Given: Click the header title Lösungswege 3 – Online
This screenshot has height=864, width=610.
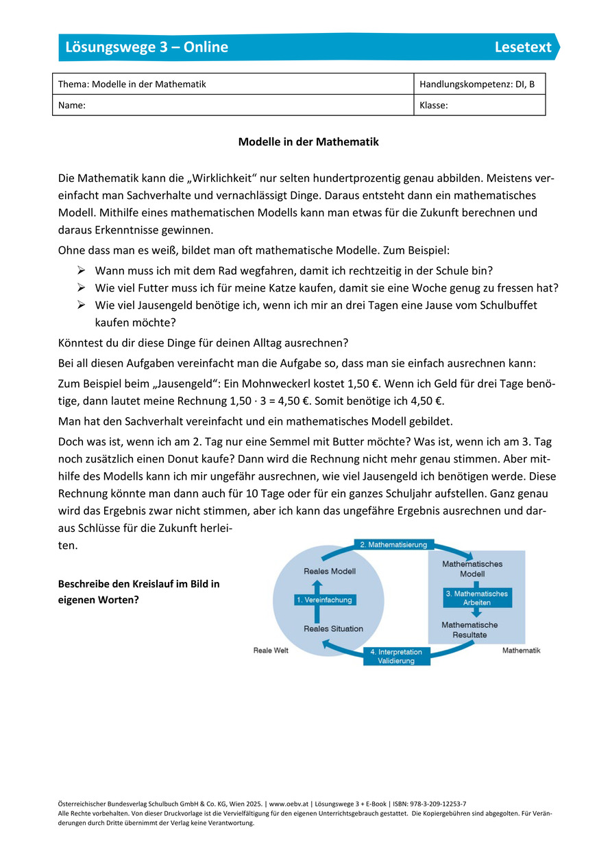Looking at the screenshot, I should pos(147,47).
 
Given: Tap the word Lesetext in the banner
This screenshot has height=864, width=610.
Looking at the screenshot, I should pos(523,47).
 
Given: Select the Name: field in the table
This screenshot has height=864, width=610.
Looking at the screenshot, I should pos(233,106).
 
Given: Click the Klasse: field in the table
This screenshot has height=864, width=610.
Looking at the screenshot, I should pos(480,106).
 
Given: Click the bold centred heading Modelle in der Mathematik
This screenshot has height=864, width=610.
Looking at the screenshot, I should pos(308,142).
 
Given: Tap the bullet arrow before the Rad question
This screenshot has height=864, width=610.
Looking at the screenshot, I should pos(81,270).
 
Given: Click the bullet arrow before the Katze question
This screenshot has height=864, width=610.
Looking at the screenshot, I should pos(81,288).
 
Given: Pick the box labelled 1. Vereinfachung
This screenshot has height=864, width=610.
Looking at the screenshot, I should pos(324,600).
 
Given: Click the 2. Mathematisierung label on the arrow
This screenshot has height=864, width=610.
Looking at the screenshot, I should pos(393,545).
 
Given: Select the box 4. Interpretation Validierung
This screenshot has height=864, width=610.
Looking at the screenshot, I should pos(396,656).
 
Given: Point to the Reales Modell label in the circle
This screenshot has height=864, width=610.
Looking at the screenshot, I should pos(329,571).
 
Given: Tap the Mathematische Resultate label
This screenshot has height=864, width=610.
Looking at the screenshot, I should pos(469,630).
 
